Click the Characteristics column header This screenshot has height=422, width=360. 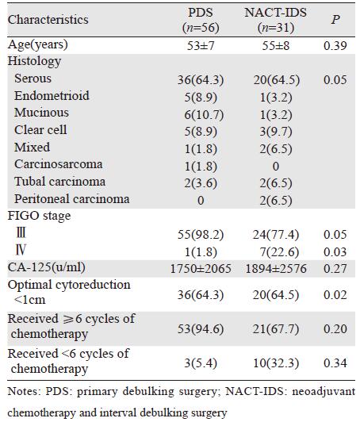tap(48, 20)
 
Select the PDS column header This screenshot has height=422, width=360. tap(201, 20)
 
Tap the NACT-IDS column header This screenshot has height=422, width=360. tap(276, 20)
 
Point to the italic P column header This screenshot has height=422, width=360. tap(335, 19)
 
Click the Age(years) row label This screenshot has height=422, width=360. tap(38, 44)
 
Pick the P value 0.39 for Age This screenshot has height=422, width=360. tap(335, 46)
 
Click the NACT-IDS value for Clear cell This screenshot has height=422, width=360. tap(276, 132)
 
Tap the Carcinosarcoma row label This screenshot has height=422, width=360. tap(59, 164)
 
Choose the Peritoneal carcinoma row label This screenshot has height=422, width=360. tap(72, 199)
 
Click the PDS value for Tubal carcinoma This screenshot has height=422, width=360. tap(201, 183)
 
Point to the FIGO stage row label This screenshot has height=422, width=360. tap(39, 216)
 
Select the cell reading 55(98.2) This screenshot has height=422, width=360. tap(201, 235)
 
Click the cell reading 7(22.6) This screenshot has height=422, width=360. tap(279, 252)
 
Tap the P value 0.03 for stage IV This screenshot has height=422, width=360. tap(335, 252)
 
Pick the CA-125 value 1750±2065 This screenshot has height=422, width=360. tap(201, 269)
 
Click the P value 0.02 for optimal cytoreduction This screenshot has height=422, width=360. tap(335, 295)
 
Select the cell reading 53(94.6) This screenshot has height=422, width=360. tap(201, 329)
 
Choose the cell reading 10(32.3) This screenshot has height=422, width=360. tap(276, 363)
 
